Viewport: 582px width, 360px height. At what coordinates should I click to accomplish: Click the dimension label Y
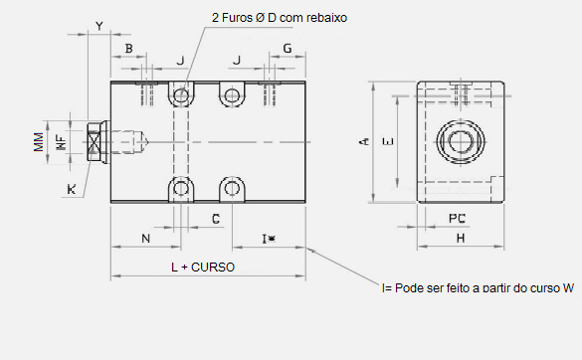coord(99,26)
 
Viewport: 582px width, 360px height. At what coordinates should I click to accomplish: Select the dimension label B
coord(128,49)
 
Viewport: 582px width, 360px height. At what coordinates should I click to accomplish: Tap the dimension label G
coord(288,49)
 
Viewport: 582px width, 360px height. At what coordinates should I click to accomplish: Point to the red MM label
coord(39,142)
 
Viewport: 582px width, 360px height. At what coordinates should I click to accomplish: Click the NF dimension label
coord(62,142)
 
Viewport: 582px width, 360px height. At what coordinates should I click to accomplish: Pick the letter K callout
coord(72,189)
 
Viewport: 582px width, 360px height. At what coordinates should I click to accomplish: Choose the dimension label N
coord(146,239)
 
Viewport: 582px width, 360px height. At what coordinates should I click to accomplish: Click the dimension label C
coord(216,219)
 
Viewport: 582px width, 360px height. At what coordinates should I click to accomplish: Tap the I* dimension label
coord(269,239)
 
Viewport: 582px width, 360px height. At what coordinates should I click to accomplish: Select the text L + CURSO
coord(203,268)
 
